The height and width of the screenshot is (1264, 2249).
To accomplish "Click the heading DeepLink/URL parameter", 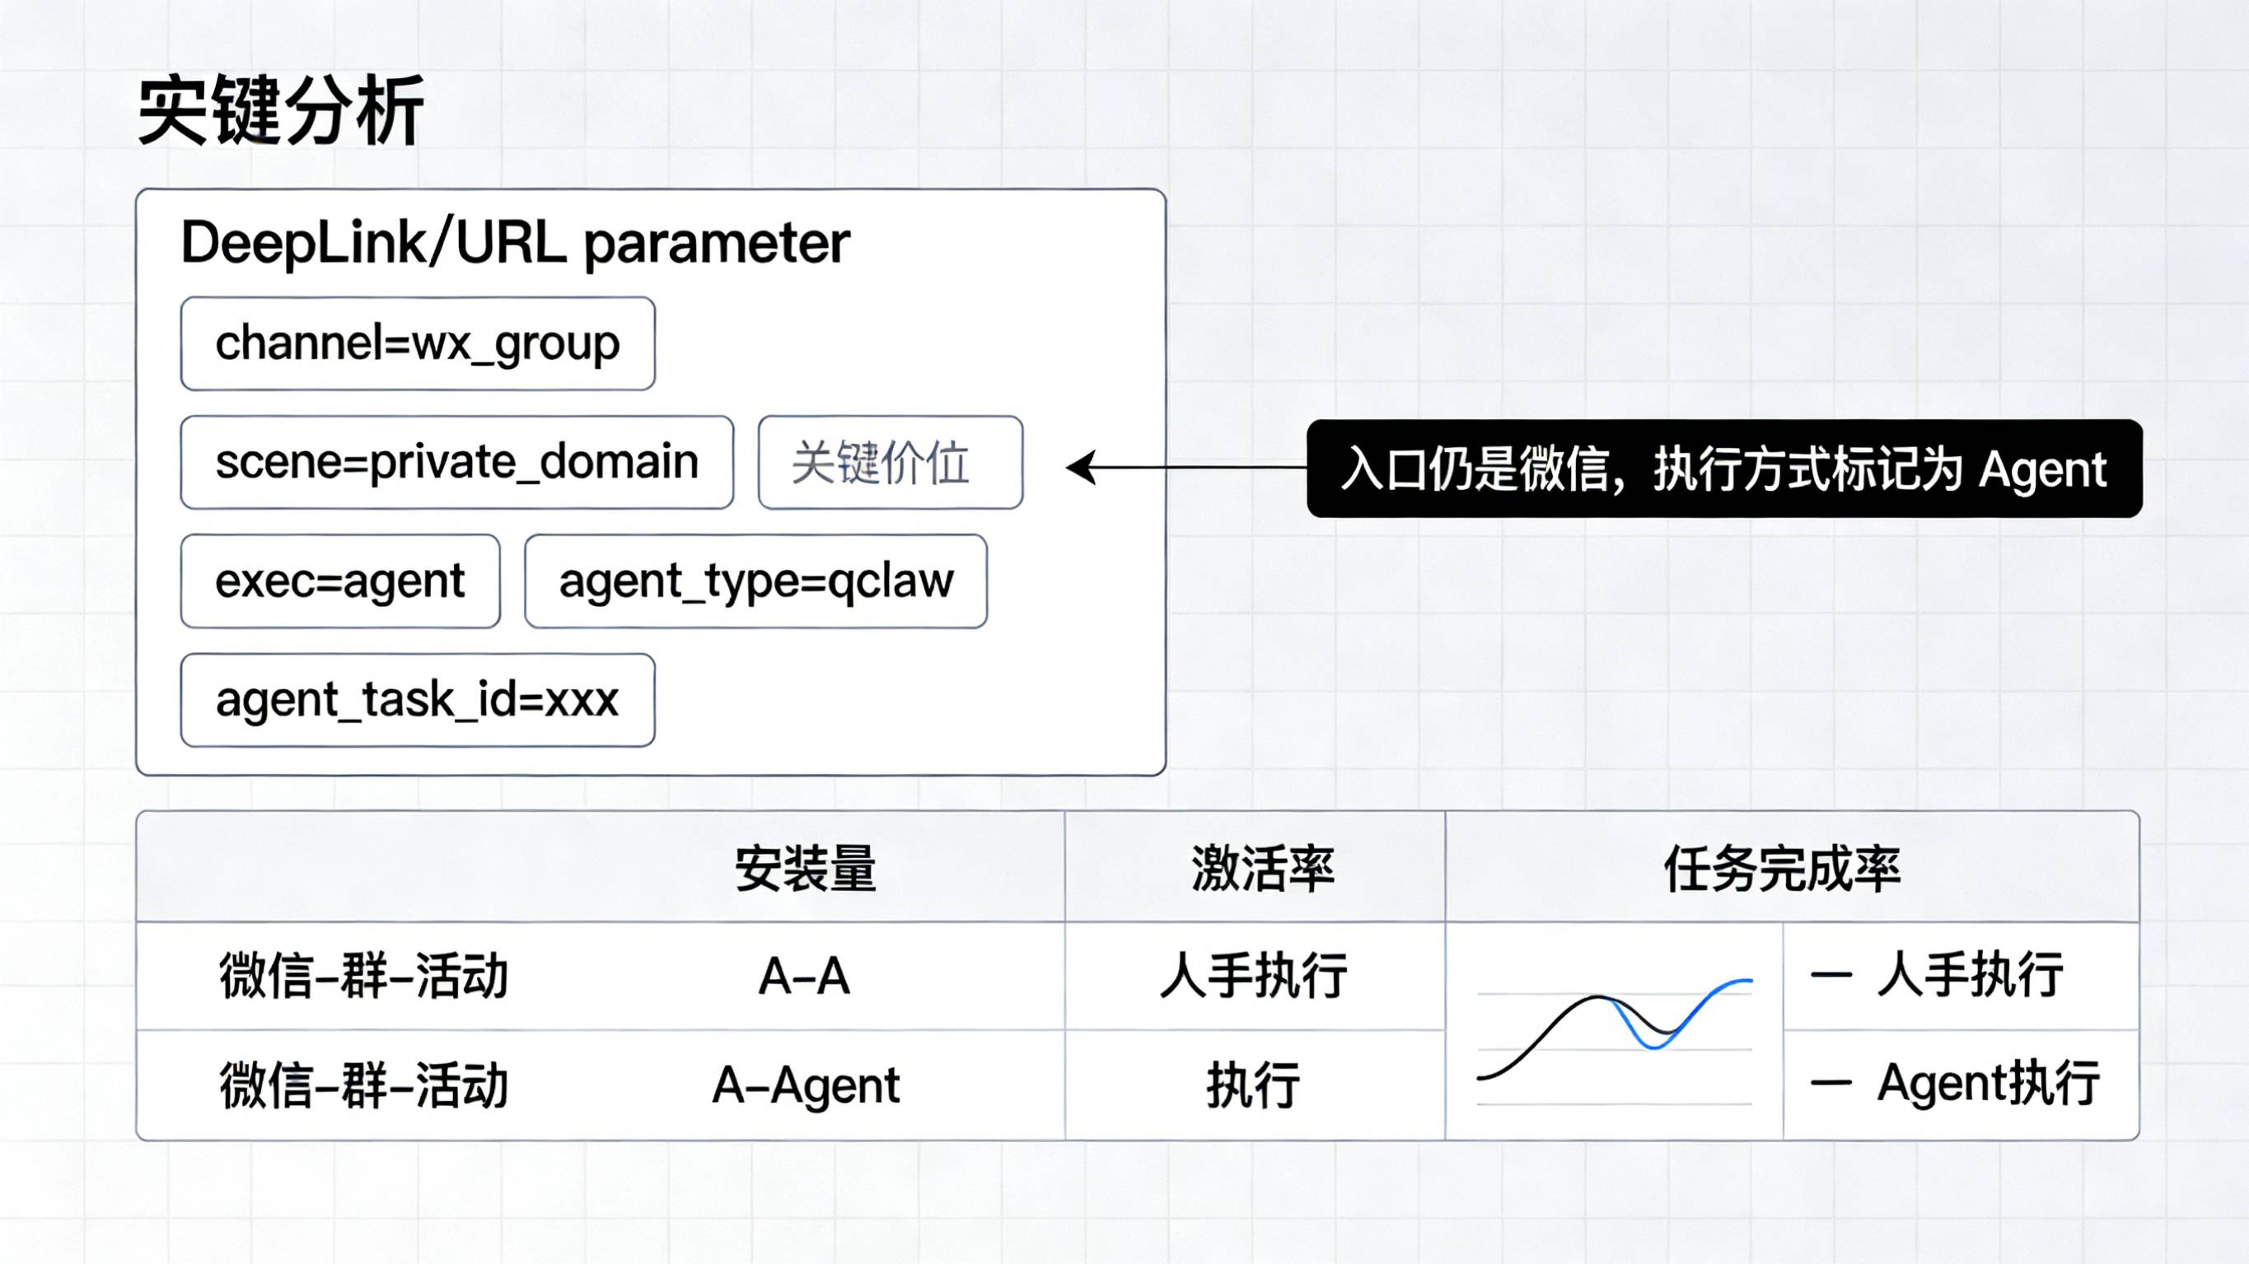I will pos(515,243).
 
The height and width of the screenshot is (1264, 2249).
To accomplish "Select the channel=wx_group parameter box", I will pos(418,343).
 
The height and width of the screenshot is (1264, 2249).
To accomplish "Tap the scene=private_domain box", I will pos(456,462).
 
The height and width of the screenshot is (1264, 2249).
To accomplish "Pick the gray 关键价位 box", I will pos(890,462).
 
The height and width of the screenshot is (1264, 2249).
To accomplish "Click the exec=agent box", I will pos(339,581).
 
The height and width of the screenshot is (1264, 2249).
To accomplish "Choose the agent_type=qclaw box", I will pos(755,581).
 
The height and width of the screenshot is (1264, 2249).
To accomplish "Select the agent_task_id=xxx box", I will pos(418,699).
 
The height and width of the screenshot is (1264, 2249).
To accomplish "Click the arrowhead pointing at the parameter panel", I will pos(1081,468).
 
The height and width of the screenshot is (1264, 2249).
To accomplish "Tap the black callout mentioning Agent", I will pos(1723,469).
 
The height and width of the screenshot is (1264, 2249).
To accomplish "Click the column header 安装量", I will pos(805,868).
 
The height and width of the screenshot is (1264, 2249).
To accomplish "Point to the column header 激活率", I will pos(1262,868).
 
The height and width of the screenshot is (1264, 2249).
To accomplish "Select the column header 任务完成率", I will pos(1781,868).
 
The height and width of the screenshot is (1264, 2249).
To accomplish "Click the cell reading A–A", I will pos(804,976).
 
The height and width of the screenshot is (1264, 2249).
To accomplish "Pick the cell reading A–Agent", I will pos(805,1085).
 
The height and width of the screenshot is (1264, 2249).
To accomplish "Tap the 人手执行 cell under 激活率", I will pos(1254,976).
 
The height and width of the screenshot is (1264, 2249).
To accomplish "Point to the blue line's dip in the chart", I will pos(1653,1046).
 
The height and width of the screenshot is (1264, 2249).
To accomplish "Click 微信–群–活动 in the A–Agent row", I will pos(363,1085).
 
